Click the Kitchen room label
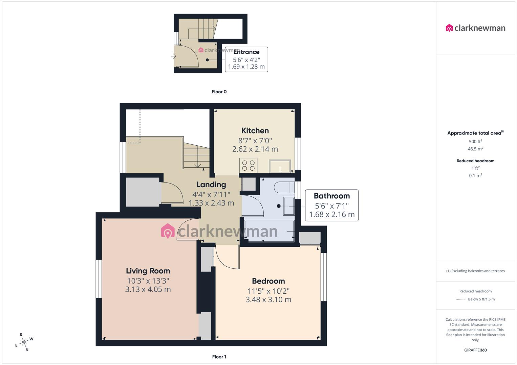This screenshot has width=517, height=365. coord(255,131)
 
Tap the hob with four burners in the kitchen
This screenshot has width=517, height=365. coord(248,166)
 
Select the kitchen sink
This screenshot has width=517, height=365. coord(280,166)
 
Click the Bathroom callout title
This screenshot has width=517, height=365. coord(331,196)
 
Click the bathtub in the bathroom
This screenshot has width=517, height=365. coord(269,231)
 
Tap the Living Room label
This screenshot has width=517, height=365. coord(148,271)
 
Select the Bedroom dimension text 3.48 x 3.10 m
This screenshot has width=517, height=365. coord(268,299)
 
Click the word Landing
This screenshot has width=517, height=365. coord(211,185)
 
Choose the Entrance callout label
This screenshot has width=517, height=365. coord(246,52)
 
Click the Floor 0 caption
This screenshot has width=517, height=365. coord(219,92)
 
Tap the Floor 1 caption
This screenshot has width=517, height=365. coord(219,357)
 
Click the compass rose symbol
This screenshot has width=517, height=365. coord(24,342)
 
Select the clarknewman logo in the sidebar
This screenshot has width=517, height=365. coord(475,28)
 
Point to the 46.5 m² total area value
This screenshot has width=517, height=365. coord(475,149)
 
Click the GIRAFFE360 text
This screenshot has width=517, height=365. coord(475,350)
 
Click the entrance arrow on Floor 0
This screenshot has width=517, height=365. coord(173,56)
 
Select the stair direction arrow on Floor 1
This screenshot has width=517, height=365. coord(198,165)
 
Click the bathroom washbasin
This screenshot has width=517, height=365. coord(289,206)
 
